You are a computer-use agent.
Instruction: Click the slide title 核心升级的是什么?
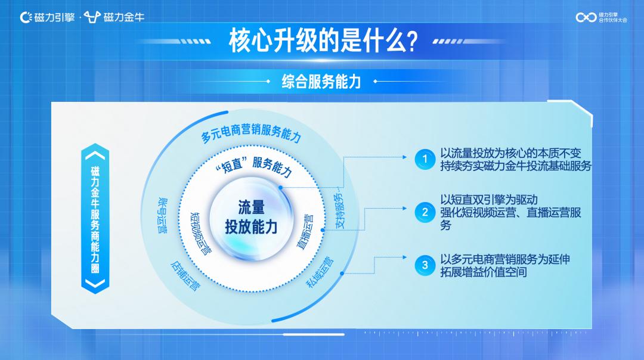click(x=323, y=41)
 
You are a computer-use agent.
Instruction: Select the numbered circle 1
click(x=425, y=159)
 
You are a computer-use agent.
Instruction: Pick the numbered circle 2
click(x=425, y=212)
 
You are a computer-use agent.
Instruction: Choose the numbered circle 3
click(x=425, y=265)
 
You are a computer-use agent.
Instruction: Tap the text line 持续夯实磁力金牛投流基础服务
click(x=516, y=166)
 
